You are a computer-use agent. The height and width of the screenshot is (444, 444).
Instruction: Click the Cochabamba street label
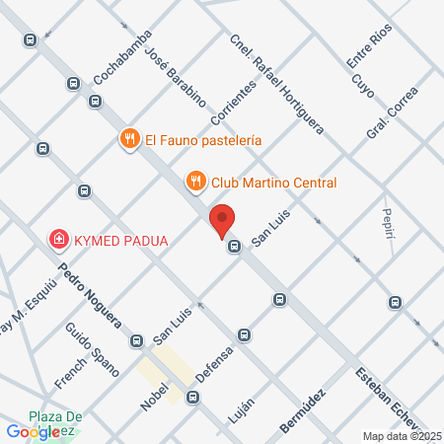point(122,56)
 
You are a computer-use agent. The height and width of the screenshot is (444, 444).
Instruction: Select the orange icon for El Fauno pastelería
point(129,139)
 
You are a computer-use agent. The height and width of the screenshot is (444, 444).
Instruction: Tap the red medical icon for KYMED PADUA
point(59,240)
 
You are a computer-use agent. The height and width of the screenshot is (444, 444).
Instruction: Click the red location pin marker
point(223,221)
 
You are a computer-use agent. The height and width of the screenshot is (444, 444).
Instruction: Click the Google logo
point(33,431)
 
